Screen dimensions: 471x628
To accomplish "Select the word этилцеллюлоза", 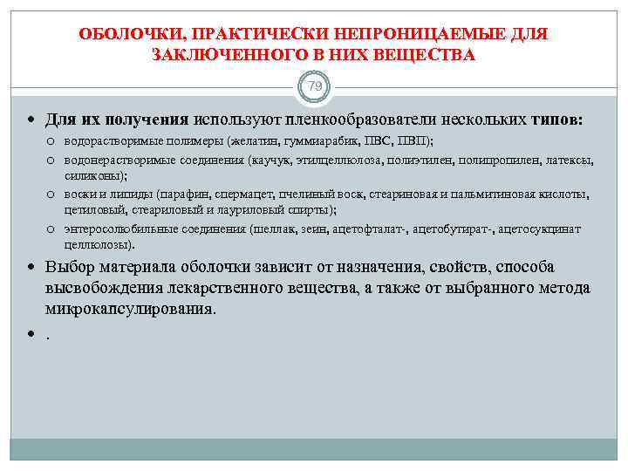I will tap(336, 160).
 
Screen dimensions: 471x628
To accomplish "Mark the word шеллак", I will tap(271, 229).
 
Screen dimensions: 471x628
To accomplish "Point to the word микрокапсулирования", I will tap(129, 309).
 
